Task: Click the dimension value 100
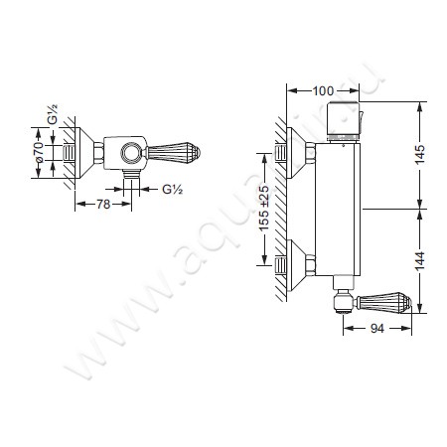click(x=323, y=90)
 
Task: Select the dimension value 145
click(x=419, y=154)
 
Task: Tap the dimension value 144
click(x=419, y=261)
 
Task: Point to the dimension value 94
click(x=377, y=328)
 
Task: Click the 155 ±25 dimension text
click(x=264, y=209)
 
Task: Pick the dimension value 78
click(x=103, y=205)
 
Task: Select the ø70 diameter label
click(x=39, y=152)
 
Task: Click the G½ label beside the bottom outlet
click(x=172, y=189)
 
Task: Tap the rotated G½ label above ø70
click(x=53, y=114)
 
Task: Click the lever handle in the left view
click(x=172, y=153)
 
